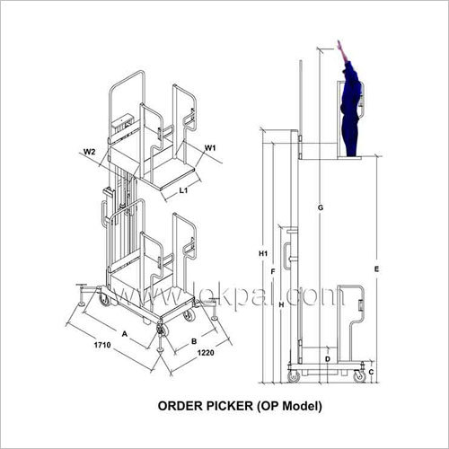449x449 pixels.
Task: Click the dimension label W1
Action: (210, 147)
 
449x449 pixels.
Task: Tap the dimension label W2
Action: (91, 151)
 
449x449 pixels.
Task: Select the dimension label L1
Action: (183, 190)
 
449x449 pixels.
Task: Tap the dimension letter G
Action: (320, 208)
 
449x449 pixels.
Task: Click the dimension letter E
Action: (378, 269)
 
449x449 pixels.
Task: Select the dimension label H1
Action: (263, 254)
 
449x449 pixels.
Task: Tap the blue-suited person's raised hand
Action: (340, 45)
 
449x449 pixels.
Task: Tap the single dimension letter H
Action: (281, 305)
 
